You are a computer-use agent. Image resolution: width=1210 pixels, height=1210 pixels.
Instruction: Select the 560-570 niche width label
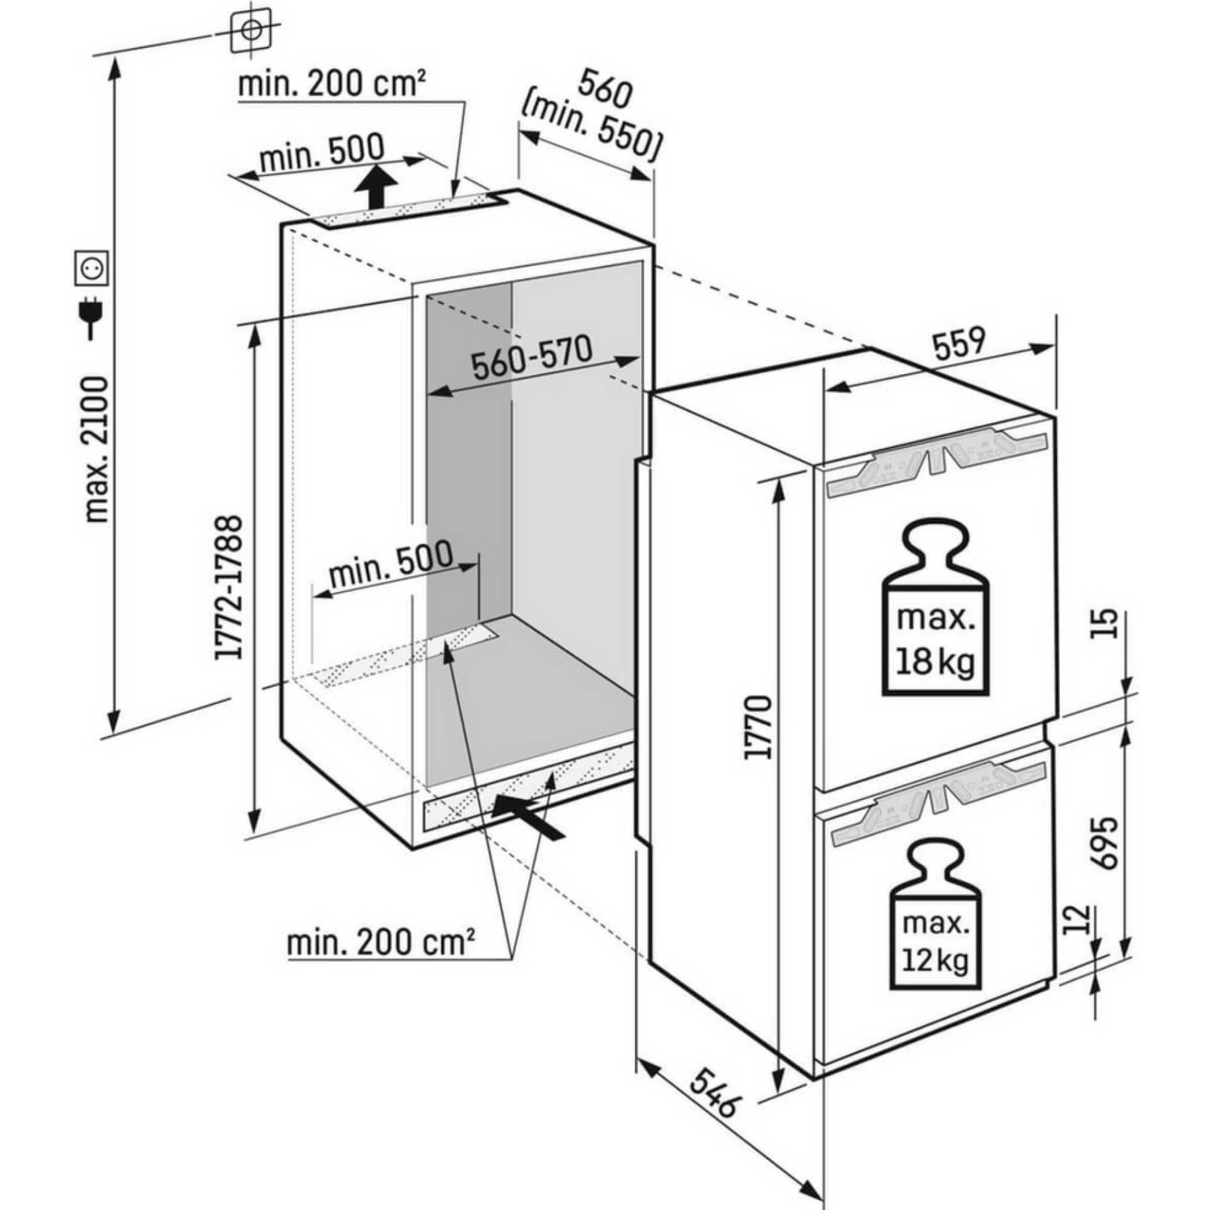pos(531,358)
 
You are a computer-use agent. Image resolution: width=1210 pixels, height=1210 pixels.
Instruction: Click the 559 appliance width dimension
pos(958,344)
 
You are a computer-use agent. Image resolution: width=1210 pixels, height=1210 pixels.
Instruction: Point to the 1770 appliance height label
pos(757,727)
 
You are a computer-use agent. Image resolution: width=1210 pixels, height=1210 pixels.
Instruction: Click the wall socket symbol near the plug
pos(93,267)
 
